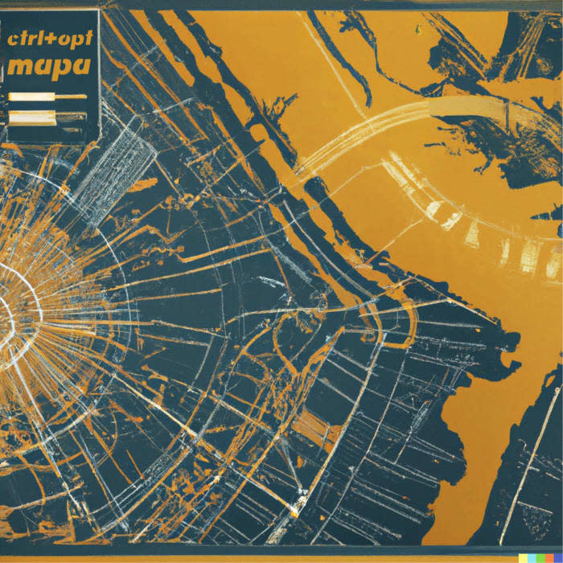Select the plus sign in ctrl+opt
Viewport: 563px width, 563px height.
click(x=51, y=39)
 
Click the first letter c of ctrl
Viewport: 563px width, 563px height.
click(x=11, y=39)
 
